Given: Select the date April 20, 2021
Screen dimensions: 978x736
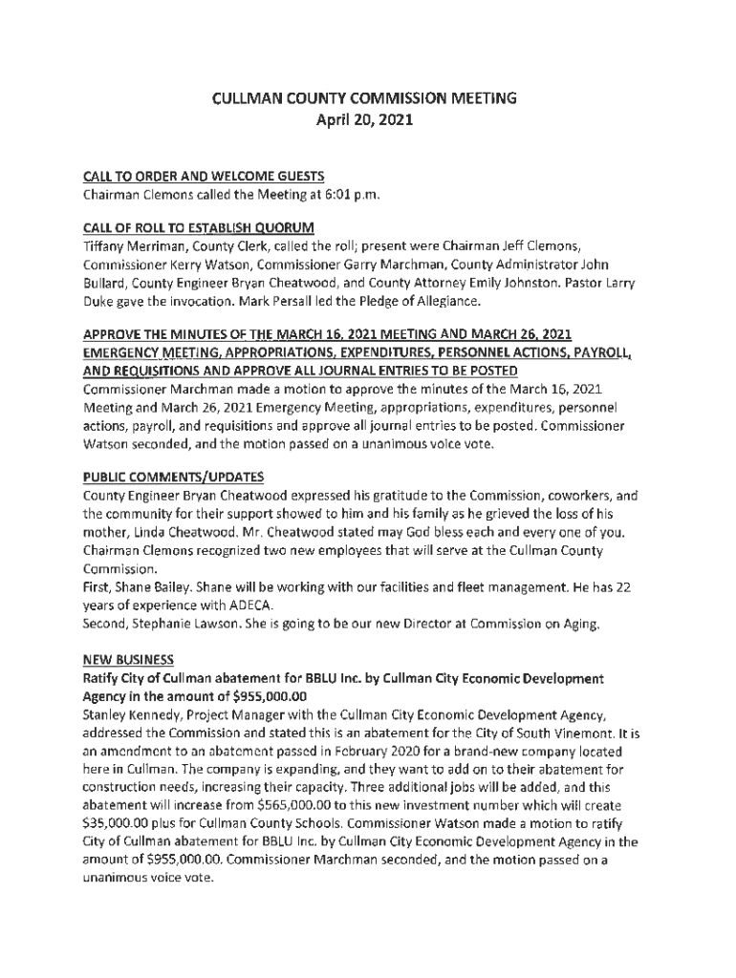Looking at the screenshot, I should tap(368, 121).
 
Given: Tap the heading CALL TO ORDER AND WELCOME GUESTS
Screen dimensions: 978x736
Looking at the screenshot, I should tap(204, 176).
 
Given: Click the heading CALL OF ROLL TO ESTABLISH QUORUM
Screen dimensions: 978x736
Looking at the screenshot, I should tap(199, 227).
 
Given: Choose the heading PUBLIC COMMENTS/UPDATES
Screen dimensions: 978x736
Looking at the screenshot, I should tap(173, 478).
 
